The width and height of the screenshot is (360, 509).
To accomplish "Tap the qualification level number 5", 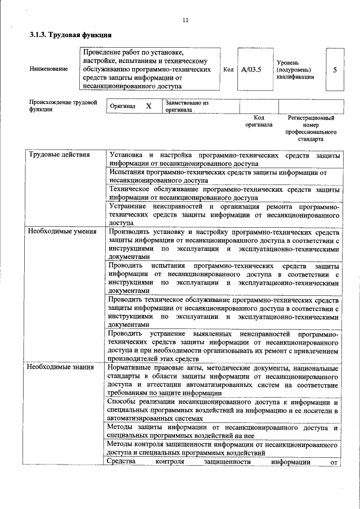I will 335,70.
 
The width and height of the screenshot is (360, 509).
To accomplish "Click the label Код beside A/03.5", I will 228,70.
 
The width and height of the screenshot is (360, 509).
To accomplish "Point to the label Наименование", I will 49,69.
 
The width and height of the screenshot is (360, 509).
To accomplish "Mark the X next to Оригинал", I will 148,106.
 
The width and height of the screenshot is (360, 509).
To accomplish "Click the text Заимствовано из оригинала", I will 187,106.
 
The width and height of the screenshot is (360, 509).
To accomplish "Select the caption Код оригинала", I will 259,121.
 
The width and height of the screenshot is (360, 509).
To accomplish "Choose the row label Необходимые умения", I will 62,231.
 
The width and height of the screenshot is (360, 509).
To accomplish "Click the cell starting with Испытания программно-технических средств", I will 223,177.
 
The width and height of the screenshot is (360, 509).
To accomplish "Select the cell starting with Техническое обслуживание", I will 223,193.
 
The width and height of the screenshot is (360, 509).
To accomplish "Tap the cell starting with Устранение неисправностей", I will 223,214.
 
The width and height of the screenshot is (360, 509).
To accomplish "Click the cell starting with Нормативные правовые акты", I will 223,380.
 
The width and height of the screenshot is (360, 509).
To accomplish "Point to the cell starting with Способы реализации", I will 223,410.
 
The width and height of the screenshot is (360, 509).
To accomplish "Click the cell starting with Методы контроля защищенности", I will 223,448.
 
